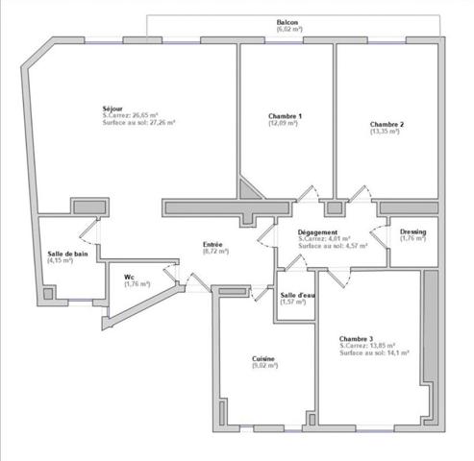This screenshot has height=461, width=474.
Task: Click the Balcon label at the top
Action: [287, 22]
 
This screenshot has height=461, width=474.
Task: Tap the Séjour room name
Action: [112, 108]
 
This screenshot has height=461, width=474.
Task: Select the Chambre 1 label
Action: [285, 116]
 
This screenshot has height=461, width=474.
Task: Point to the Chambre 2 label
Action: [386, 124]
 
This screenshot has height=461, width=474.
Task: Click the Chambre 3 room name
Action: [356, 338]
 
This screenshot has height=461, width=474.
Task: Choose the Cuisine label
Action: [263, 358]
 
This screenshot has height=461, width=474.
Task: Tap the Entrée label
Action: [214, 244]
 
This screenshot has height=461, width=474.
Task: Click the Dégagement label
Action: [317, 232]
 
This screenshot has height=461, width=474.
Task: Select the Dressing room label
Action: [413, 231]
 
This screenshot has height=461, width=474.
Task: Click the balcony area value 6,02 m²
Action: [287, 31]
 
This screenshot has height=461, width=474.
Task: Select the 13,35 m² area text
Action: [386, 132]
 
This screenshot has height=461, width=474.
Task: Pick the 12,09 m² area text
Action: [285, 124]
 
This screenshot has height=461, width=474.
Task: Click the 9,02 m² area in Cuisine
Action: [263, 366]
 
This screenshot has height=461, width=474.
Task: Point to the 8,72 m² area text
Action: [214, 252]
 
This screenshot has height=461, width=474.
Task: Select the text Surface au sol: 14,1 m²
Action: [374, 353]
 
